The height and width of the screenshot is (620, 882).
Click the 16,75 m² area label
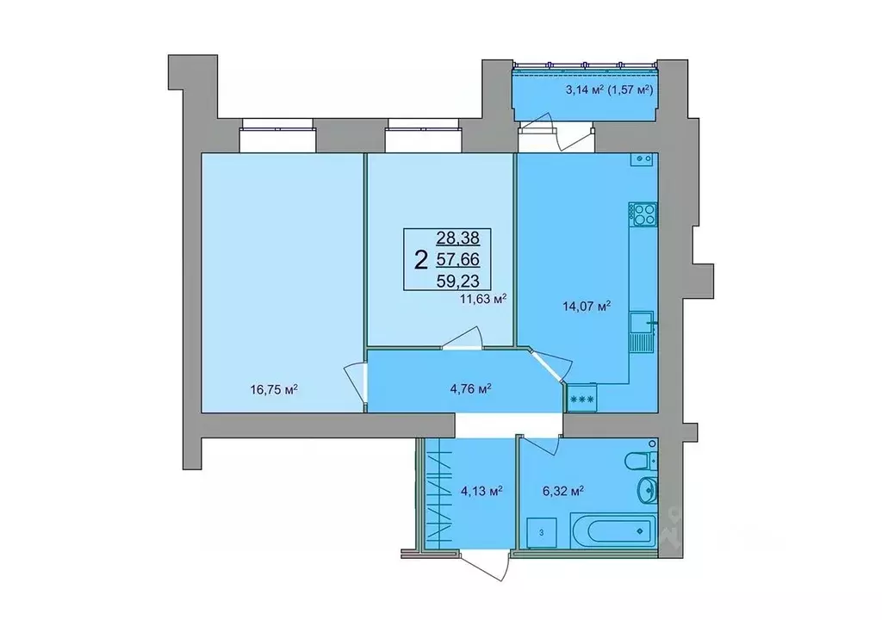(273, 390)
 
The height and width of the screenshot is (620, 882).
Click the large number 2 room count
(420, 259)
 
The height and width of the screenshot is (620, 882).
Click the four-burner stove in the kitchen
(643, 214)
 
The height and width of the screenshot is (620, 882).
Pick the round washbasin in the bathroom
(645, 492)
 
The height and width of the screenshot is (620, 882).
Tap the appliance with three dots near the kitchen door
(581, 398)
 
